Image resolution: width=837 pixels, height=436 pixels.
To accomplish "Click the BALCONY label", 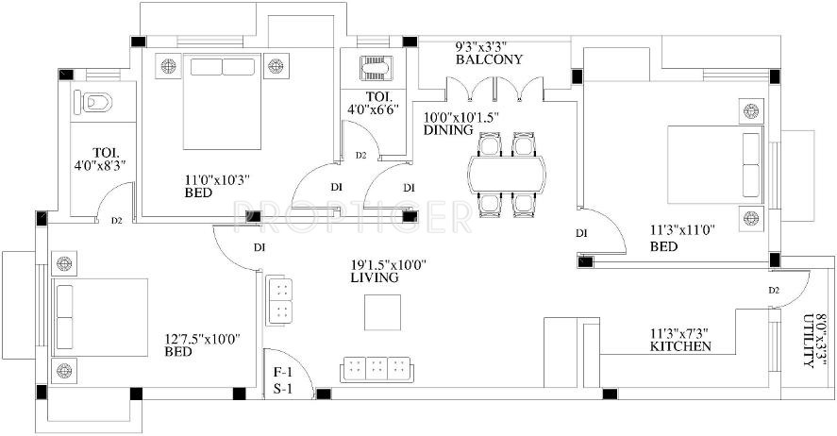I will (489, 59).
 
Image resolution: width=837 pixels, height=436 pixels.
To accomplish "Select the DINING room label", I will (448, 131).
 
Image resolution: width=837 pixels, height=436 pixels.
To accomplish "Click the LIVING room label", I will (375, 279).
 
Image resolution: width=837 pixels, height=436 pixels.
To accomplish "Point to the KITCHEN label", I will (680, 346).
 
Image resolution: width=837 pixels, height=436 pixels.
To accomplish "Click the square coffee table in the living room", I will (383, 312).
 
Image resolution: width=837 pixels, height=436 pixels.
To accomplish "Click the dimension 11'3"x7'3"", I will (680, 332).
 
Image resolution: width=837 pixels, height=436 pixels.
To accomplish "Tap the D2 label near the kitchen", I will (774, 290).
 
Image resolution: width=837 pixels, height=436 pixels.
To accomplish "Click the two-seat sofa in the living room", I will (282, 300).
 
